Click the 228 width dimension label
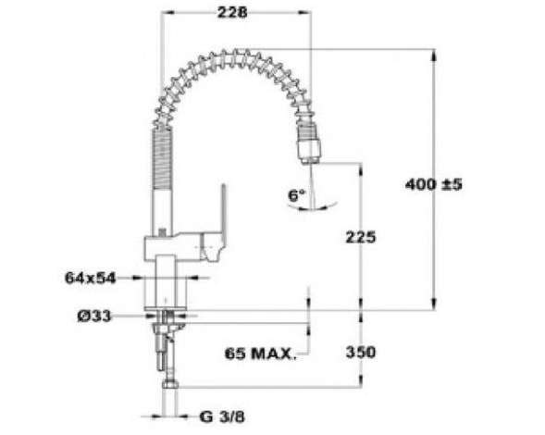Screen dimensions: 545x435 point(232,13)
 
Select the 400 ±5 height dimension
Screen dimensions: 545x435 point(434,184)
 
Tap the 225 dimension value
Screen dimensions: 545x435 point(361,237)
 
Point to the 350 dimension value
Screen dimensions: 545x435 point(361,352)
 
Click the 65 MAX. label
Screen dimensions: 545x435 point(261,354)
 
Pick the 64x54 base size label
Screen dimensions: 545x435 point(90,279)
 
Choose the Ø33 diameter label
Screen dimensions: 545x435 point(94,317)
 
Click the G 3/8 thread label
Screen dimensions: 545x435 point(222,416)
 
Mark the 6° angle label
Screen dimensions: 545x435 point(296,195)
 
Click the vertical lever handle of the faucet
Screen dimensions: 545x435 point(223,213)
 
